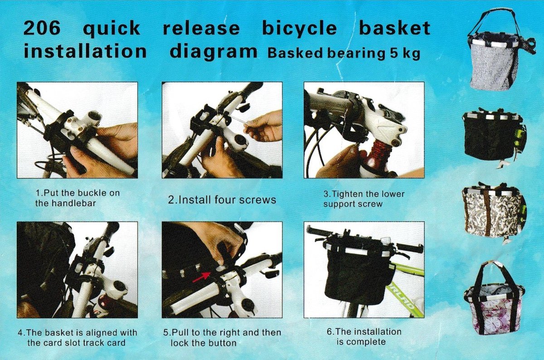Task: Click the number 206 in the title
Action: (x=41, y=29)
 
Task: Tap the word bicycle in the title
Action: (x=299, y=29)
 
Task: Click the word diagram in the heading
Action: (x=213, y=52)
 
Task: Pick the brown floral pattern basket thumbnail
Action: (x=492, y=211)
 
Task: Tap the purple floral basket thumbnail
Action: (x=493, y=299)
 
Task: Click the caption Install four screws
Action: (x=222, y=199)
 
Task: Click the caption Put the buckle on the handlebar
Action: (x=77, y=198)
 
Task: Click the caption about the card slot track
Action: (x=77, y=338)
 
